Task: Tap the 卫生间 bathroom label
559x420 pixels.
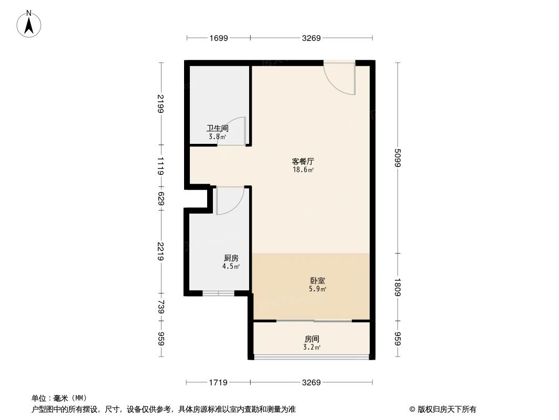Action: click(217, 128)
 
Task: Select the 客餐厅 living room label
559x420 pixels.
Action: click(303, 161)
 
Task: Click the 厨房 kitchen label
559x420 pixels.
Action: click(231, 258)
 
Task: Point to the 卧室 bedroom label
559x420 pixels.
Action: click(318, 281)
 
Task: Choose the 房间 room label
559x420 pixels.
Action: click(312, 339)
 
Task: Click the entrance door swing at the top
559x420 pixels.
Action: click(340, 79)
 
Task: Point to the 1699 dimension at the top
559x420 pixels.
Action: click(218, 38)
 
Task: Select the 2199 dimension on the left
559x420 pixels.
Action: click(161, 103)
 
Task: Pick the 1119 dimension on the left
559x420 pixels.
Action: click(161, 165)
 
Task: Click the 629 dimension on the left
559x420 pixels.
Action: click(161, 198)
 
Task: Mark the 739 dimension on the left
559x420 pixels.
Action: click(161, 307)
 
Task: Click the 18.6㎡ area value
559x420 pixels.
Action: click(303, 170)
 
